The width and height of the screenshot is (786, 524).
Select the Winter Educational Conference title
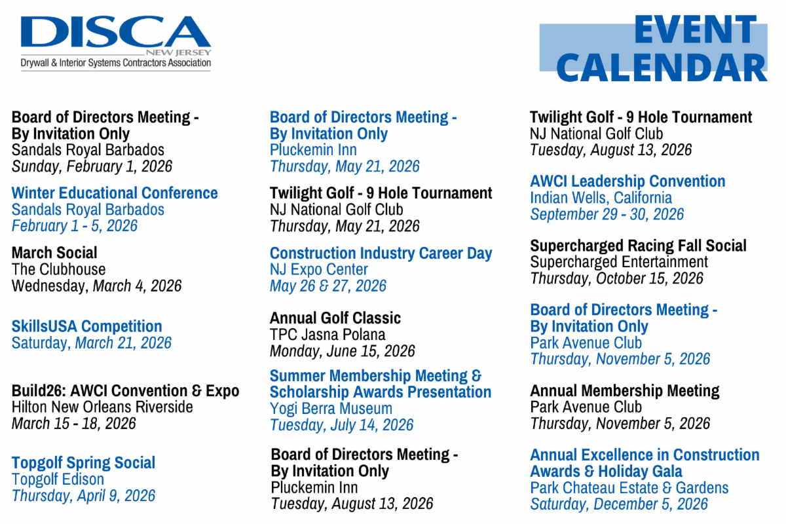tap(115, 193)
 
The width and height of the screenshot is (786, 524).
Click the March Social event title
tap(54, 253)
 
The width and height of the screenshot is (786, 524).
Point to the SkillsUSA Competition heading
tap(86, 326)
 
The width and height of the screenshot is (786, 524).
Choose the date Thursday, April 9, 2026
tap(83, 495)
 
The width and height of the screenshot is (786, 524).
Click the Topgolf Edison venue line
tap(58, 479)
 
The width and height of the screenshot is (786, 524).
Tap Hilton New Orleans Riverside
tap(102, 407)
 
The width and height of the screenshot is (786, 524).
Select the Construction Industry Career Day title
tap(381, 253)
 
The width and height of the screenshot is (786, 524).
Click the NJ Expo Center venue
tap(319, 269)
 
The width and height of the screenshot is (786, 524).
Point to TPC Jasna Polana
tap(327, 334)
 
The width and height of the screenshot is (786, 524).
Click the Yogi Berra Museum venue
tap(331, 409)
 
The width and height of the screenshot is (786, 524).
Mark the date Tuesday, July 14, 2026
tap(341, 425)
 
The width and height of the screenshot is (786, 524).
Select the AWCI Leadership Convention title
tap(627, 181)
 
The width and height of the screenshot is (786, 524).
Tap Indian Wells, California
tap(601, 197)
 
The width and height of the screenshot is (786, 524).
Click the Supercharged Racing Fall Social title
tap(638, 246)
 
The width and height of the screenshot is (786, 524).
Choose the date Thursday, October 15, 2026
tap(616, 278)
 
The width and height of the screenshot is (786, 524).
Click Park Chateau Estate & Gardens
tap(629, 488)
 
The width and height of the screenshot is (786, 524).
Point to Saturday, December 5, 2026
tap(619, 504)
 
